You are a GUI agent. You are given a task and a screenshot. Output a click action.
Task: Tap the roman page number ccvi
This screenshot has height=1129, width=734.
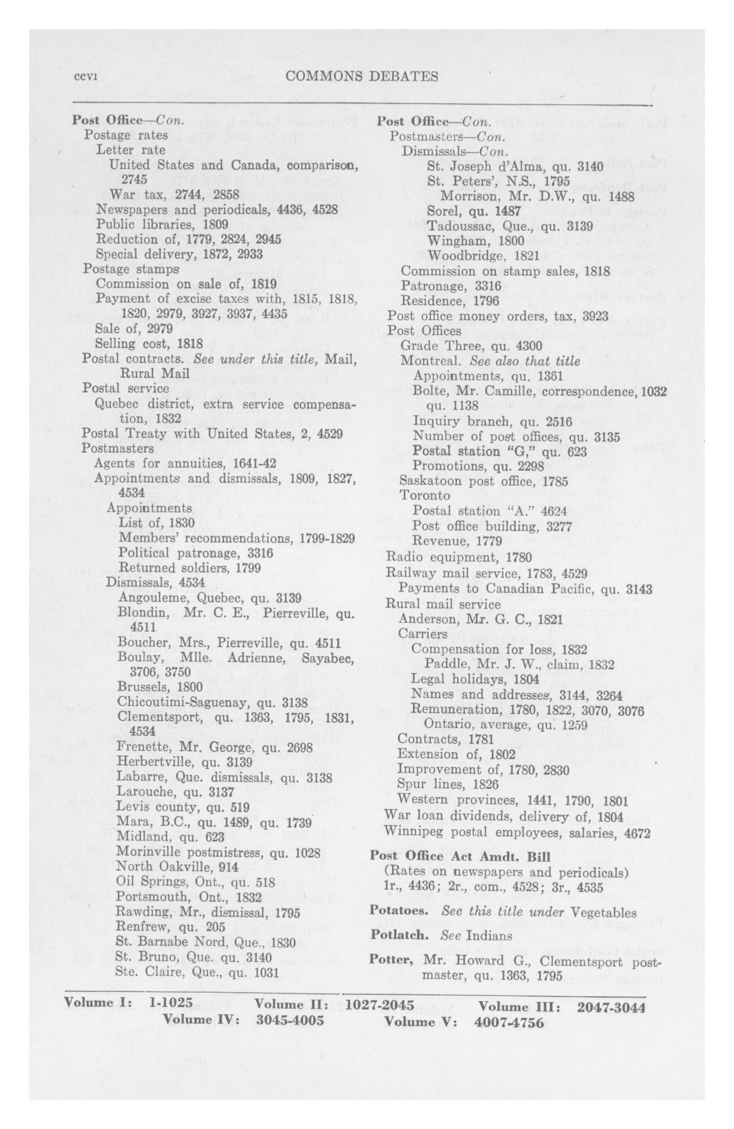(x=86, y=77)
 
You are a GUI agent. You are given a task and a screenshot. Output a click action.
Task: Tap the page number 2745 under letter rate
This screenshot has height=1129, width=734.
(x=134, y=179)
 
